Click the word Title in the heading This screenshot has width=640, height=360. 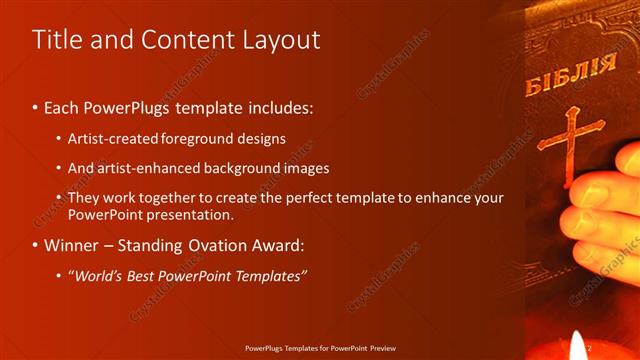56,40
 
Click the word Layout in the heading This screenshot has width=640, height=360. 283,40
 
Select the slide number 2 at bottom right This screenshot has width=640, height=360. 590,347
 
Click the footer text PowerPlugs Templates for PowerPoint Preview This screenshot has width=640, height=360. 320,348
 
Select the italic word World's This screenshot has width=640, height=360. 96,275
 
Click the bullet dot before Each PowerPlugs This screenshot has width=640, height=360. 36,106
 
